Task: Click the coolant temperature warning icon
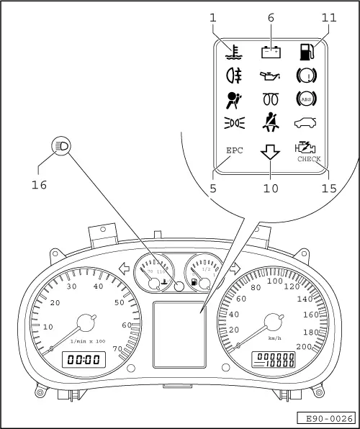(233, 51)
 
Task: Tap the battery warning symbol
(271, 51)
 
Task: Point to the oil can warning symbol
(271, 74)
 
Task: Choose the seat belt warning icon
(271, 123)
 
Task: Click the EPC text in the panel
(235, 151)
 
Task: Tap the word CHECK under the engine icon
(309, 160)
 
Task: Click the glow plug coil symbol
(271, 99)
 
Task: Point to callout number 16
(39, 185)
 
